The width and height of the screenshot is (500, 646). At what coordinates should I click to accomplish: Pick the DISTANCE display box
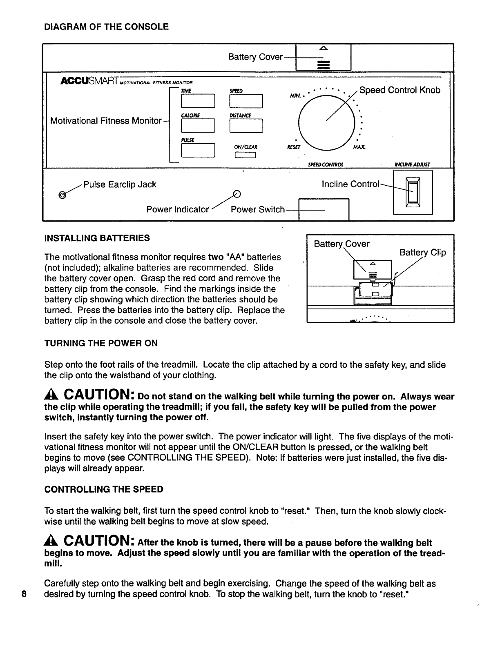(x=246, y=125)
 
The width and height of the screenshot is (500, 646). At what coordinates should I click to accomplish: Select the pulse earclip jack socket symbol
(x=62, y=194)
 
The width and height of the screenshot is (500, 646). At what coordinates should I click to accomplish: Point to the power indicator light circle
(x=236, y=194)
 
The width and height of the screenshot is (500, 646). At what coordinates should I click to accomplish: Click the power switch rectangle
(x=324, y=209)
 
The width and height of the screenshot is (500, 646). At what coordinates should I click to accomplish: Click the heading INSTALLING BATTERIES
(x=97, y=238)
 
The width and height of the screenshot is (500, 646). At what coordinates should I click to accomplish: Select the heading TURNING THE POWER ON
(x=100, y=343)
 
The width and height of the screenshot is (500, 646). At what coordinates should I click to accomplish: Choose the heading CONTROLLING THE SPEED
(x=104, y=489)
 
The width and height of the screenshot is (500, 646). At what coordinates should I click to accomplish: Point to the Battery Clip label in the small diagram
(x=422, y=253)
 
